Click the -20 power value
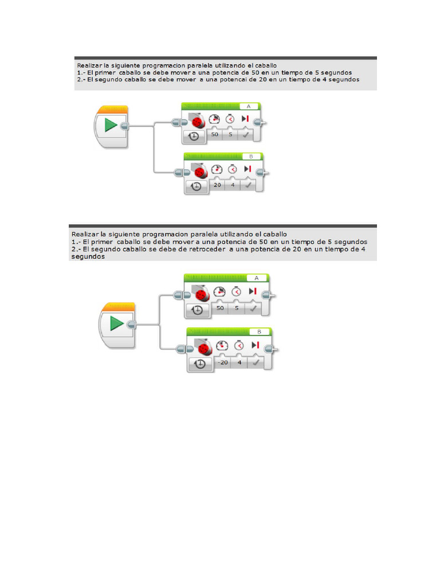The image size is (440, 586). click(223, 362)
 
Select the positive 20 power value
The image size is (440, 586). click(217, 185)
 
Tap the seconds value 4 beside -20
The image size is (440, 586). click(239, 362)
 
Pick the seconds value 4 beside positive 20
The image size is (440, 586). click(233, 185)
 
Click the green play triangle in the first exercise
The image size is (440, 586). click(111, 125)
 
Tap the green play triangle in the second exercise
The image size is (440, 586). click(116, 323)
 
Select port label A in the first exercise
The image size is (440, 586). click(249, 106)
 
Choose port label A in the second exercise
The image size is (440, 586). click(256, 278)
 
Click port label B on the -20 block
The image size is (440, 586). click(259, 332)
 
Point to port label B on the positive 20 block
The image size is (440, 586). click(251, 157)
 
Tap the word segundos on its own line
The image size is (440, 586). click(88, 257)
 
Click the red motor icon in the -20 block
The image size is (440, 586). click(204, 349)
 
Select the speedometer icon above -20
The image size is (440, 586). click(222, 345)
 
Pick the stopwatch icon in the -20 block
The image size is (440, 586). click(239, 345)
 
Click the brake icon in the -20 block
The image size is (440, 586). click(255, 345)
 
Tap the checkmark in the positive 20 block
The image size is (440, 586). click(247, 185)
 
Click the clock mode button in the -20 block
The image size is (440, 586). click(200, 363)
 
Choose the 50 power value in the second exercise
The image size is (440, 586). click(220, 308)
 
